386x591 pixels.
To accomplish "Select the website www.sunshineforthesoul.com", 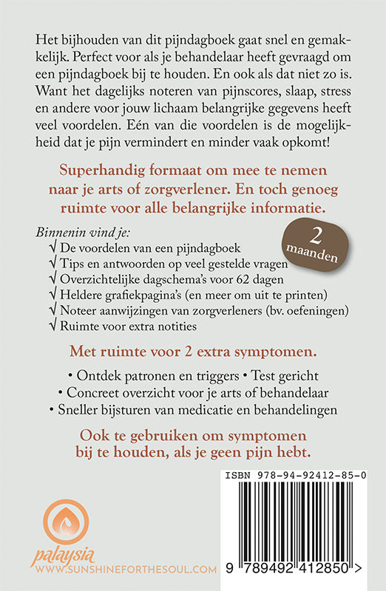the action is tap(123, 570).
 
